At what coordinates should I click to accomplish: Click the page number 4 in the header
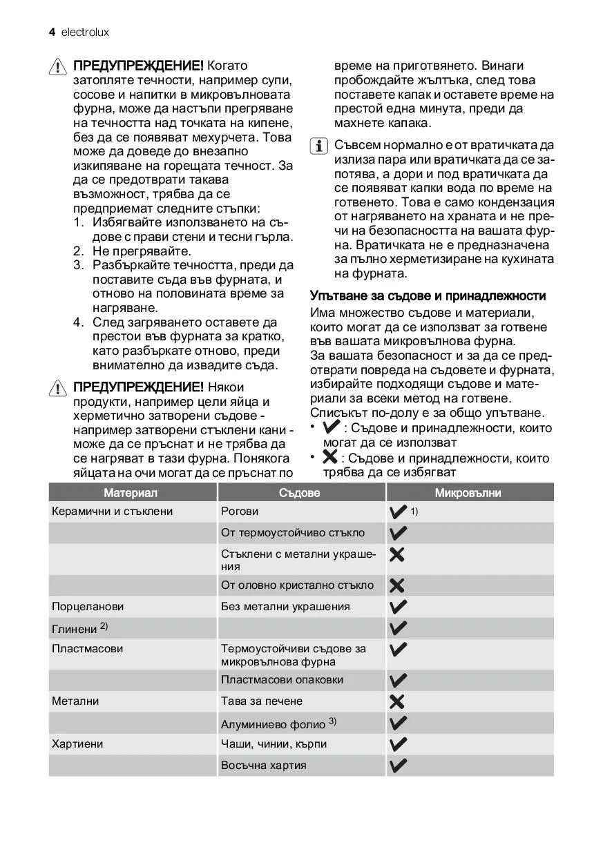(52, 32)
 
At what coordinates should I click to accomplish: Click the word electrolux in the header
(85, 32)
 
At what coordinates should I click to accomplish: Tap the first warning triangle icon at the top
(59, 66)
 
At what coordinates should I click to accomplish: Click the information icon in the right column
(319, 146)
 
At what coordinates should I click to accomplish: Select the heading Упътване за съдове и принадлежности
(428, 295)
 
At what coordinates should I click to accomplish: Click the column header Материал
(131, 493)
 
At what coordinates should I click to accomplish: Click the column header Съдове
(300, 493)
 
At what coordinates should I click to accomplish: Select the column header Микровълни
(468, 493)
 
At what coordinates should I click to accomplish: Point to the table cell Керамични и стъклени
(112, 512)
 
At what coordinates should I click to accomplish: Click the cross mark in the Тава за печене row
(397, 701)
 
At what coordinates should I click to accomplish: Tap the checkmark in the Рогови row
(399, 512)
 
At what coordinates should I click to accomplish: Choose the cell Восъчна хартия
(263, 765)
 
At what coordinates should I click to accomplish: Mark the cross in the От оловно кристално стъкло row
(397, 585)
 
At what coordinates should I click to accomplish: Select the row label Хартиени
(77, 744)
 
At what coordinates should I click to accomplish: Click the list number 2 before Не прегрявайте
(78, 251)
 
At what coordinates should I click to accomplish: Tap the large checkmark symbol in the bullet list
(332, 427)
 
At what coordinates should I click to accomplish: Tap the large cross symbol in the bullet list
(330, 457)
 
